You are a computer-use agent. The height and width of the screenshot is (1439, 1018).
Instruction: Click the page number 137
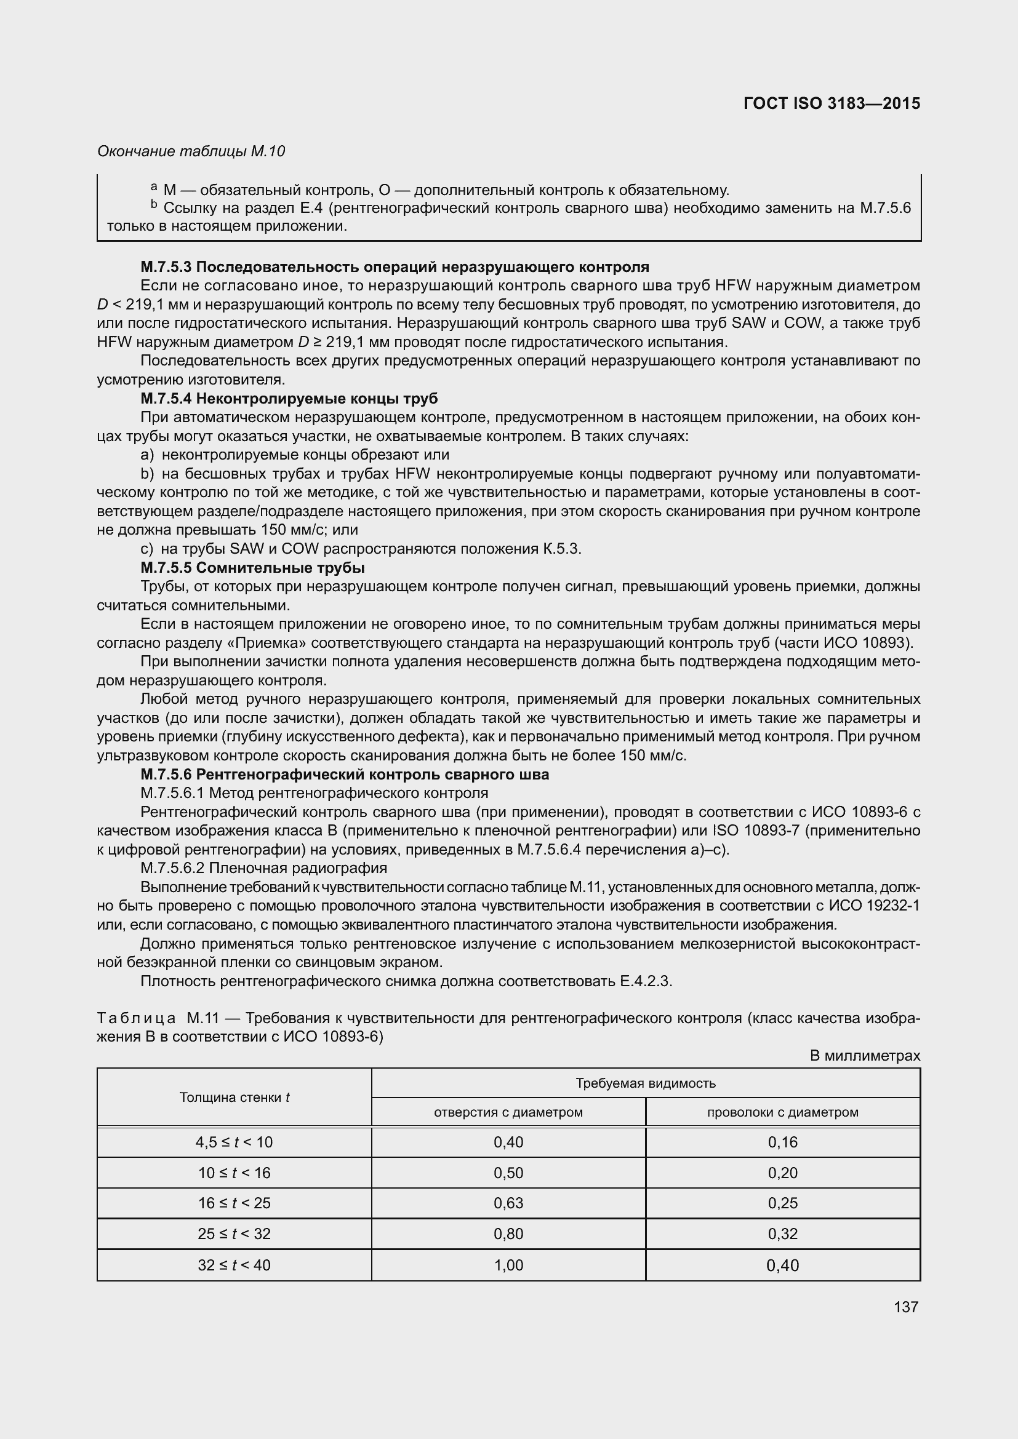(x=906, y=1307)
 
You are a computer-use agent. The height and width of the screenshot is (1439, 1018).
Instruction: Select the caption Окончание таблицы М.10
(x=191, y=151)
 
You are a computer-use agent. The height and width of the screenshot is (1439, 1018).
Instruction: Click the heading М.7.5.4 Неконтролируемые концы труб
(x=289, y=399)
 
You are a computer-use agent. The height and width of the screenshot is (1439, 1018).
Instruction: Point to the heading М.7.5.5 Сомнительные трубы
(x=252, y=568)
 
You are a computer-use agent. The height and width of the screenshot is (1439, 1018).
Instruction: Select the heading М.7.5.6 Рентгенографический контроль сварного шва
(x=345, y=775)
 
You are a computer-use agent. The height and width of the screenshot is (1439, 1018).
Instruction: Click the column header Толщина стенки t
(x=234, y=1098)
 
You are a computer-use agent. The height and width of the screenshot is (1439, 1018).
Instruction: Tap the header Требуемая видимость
(x=645, y=1083)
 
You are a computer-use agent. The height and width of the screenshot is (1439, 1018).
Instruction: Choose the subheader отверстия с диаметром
(x=508, y=1112)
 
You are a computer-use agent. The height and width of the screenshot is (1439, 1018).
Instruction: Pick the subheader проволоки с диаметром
(x=782, y=1112)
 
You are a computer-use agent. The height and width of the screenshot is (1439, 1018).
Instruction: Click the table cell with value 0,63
(x=508, y=1203)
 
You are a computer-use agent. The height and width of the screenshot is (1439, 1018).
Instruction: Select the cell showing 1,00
(x=508, y=1266)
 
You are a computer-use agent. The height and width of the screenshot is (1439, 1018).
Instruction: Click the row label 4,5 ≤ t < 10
(x=234, y=1142)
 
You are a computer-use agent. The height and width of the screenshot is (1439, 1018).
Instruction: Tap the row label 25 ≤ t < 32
(x=234, y=1234)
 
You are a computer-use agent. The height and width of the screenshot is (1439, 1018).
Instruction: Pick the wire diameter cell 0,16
(x=782, y=1142)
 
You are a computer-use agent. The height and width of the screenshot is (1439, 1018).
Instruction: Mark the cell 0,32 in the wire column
(x=782, y=1234)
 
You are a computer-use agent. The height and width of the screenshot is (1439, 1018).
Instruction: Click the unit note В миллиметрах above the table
(x=864, y=1056)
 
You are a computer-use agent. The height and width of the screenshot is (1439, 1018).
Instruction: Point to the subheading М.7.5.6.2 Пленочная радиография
(x=264, y=868)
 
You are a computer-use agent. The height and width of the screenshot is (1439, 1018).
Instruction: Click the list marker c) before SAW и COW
(x=146, y=549)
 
